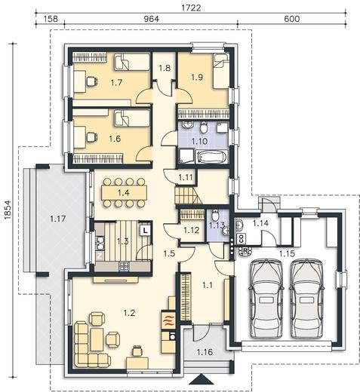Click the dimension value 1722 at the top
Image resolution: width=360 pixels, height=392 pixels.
(191, 8)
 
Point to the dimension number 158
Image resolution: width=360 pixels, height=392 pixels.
(51, 19)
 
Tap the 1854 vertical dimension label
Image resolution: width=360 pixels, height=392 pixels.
(8, 210)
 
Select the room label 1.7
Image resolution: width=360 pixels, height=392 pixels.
(116, 82)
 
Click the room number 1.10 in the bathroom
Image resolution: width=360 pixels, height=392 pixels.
(199, 141)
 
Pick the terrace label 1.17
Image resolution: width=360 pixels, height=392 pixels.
(58, 219)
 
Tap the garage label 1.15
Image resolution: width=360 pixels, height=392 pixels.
(287, 254)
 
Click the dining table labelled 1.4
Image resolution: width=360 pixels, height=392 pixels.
(125, 193)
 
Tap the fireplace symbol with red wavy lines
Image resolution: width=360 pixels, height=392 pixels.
(168, 320)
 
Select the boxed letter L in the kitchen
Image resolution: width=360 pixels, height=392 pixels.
(145, 230)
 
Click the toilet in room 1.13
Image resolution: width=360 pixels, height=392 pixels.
(215, 215)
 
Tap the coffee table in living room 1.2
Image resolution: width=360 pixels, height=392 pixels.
(97, 339)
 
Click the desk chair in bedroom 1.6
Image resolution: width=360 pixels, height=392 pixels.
(92, 137)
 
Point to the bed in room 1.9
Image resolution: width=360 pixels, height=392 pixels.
(221, 71)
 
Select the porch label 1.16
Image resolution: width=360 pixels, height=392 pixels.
(205, 352)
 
